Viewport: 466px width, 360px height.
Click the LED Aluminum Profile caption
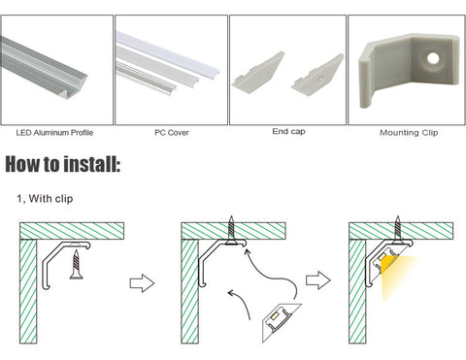pyautogui.click(x=54, y=133)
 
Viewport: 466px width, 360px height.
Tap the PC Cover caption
pyautogui.click(x=172, y=133)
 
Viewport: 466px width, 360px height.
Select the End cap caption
pyautogui.click(x=288, y=132)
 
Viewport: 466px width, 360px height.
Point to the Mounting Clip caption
pyautogui.click(x=409, y=133)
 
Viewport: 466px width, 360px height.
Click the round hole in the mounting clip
pyautogui.click(x=433, y=58)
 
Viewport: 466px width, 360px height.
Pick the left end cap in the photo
pyautogui.click(x=258, y=71)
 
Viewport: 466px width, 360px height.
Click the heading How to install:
pyautogui.click(x=63, y=164)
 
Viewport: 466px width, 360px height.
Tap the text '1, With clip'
pyautogui.click(x=45, y=198)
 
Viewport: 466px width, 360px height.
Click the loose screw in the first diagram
pyautogui.click(x=77, y=264)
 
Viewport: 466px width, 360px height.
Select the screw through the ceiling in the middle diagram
pyautogui.click(x=231, y=230)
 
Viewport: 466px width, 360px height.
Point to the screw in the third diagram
pyautogui.click(x=398, y=230)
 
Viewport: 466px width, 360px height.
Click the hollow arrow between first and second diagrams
pyautogui.click(x=142, y=283)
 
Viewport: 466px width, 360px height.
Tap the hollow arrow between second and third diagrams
pyautogui.click(x=318, y=280)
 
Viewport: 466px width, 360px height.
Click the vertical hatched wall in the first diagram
pyautogui.click(x=28, y=291)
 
